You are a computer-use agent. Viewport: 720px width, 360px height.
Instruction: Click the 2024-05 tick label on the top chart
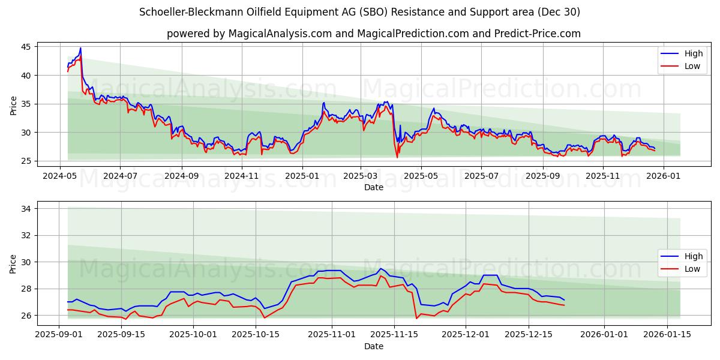tap(59, 176)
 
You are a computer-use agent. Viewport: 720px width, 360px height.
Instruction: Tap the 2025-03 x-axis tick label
tap(361, 176)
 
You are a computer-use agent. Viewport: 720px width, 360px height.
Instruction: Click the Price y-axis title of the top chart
tap(14, 106)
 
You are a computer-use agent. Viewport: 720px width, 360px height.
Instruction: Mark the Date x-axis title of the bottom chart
tap(373, 346)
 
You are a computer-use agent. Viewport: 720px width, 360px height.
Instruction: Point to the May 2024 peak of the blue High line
tap(80, 48)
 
